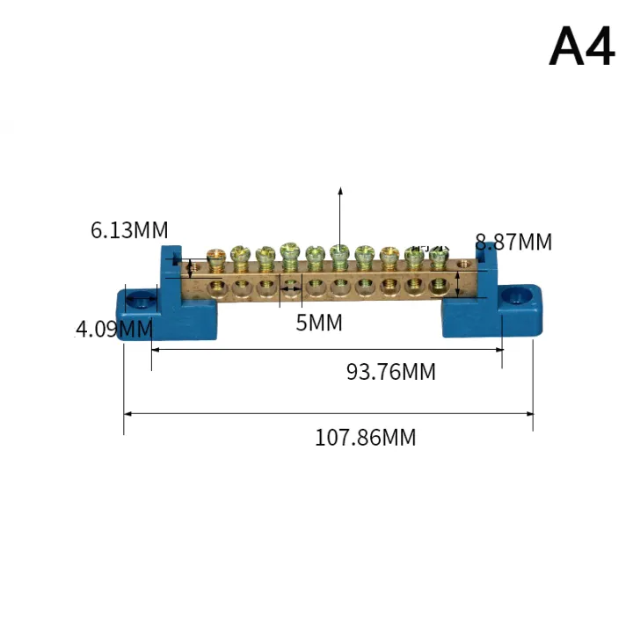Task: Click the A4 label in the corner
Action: pos(581,47)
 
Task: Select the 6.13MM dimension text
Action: pos(129,230)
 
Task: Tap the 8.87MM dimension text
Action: pos(513,241)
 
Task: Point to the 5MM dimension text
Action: pos(318,323)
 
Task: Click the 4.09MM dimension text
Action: pos(113,329)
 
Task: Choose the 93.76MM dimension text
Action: pos(390,372)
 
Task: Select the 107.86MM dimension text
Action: pos(365,437)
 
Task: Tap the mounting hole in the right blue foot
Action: pos(514,299)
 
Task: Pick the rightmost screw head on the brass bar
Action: pos(438,257)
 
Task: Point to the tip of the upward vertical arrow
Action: pos(340,189)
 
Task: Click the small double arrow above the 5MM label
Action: pos(290,287)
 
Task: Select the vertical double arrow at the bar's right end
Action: pos(458,284)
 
